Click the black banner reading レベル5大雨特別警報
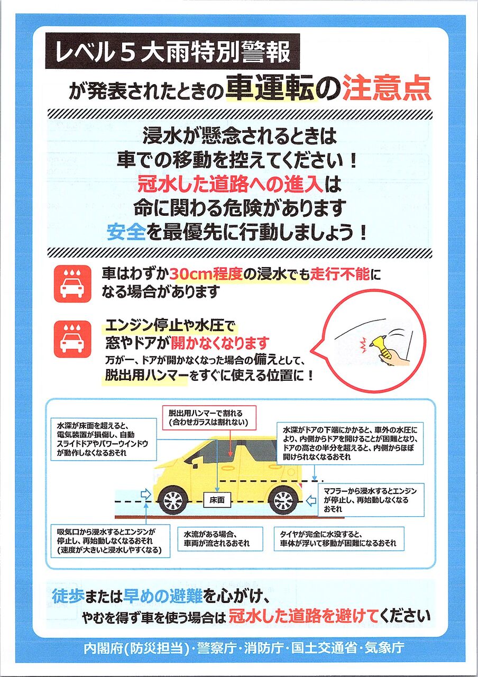tap(172, 51)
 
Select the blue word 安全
tap(126, 232)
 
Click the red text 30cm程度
tap(206, 274)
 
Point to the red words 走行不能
tap(340, 274)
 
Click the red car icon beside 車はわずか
tap(72, 284)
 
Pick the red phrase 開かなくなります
tap(220, 343)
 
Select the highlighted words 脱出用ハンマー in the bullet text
tap(146, 376)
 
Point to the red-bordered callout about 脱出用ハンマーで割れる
tap(209, 418)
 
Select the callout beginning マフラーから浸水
tap(371, 500)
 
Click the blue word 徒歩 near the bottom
tap(67, 596)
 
